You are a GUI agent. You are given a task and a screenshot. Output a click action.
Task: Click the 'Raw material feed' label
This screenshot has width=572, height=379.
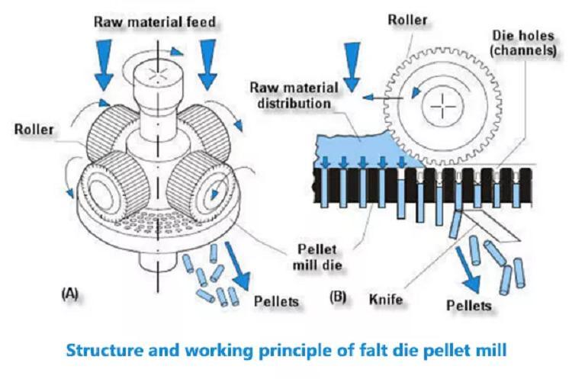coord(155,22)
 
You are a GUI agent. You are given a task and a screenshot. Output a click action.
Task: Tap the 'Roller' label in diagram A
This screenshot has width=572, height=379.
coord(34,130)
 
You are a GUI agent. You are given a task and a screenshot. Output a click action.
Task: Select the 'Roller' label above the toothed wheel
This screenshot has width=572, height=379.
coord(407,20)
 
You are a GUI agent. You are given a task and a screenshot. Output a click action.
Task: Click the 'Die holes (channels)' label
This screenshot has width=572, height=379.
coord(523,42)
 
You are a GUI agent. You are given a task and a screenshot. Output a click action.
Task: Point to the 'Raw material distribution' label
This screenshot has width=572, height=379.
coord(294,95)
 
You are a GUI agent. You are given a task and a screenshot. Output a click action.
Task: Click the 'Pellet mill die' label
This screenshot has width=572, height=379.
coord(317,257)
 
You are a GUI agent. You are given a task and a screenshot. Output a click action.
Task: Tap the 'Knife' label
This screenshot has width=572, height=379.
coord(386,299)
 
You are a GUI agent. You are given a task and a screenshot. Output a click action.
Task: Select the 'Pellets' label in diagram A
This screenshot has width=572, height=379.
coord(276,301)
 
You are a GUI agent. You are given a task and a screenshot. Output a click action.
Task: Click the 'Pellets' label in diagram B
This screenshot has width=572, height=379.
coord(469,305)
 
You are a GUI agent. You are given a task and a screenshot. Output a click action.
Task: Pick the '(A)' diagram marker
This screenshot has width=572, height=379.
coord(69,294)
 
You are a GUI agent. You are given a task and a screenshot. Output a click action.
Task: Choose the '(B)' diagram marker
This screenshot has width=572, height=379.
coord(338,297)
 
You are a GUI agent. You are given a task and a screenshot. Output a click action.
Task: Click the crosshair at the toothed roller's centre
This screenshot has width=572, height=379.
coord(443,107)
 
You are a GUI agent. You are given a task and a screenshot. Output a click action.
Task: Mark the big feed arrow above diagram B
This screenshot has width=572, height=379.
coord(352,67)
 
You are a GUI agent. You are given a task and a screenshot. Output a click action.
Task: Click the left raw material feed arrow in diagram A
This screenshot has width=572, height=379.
coord(104,65)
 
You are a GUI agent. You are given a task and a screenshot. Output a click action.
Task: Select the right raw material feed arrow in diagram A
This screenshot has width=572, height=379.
coord(207,65)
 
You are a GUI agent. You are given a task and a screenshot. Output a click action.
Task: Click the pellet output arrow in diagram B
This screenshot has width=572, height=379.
coord(468,270)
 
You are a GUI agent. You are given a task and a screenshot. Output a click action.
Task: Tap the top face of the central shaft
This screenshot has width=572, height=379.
coord(158,73)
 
